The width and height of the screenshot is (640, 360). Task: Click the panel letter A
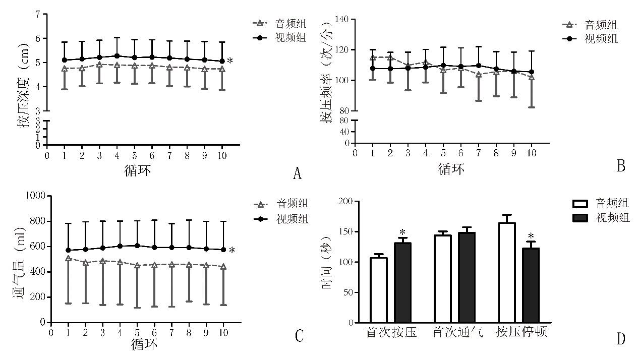click(297, 174)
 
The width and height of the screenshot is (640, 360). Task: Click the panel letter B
click(621, 166)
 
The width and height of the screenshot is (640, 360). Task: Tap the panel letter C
click(299, 336)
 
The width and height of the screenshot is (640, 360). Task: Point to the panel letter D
click(620, 339)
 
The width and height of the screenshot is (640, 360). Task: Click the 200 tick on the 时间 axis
click(344, 201)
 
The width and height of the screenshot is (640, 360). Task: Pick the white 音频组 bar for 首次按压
click(378, 290)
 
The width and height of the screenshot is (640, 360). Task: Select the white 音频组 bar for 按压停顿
click(506, 273)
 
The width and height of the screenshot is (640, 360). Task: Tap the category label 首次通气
click(458, 333)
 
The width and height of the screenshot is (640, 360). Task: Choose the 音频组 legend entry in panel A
click(279, 23)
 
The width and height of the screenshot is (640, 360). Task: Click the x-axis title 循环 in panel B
click(451, 168)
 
